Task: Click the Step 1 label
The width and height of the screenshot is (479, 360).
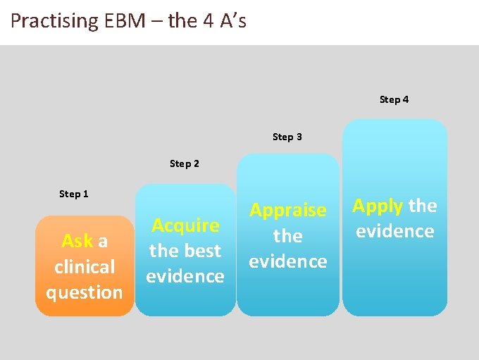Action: pyautogui.click(x=74, y=194)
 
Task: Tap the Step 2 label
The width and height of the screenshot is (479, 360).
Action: pyautogui.click(x=185, y=163)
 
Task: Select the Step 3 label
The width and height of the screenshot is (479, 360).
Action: pyautogui.click(x=287, y=137)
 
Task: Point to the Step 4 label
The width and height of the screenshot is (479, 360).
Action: pyautogui.click(x=394, y=99)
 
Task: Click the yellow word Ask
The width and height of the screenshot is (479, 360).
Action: pyautogui.click(x=77, y=242)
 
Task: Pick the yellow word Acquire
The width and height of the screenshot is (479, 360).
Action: pyautogui.click(x=185, y=225)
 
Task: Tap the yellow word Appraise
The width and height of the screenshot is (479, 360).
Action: pyautogui.click(x=288, y=210)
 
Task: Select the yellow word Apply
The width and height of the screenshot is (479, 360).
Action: pyautogui.click(x=378, y=206)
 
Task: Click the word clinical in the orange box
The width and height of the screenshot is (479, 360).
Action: pyautogui.click(x=85, y=267)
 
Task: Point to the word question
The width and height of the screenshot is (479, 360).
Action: pyautogui.click(x=85, y=292)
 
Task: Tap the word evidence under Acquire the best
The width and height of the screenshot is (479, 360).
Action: pyautogui.click(x=185, y=276)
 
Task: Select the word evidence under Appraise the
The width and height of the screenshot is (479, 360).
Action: pyautogui.click(x=288, y=261)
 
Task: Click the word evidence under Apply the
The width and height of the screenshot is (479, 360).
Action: pyautogui.click(x=394, y=231)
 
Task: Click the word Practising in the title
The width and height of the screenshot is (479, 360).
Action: pyautogui.click(x=54, y=20)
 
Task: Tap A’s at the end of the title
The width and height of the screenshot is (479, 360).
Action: pyautogui.click(x=233, y=20)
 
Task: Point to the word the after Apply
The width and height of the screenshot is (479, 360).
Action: pyautogui.click(x=423, y=206)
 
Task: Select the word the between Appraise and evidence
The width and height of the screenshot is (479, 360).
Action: pyautogui.click(x=288, y=235)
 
